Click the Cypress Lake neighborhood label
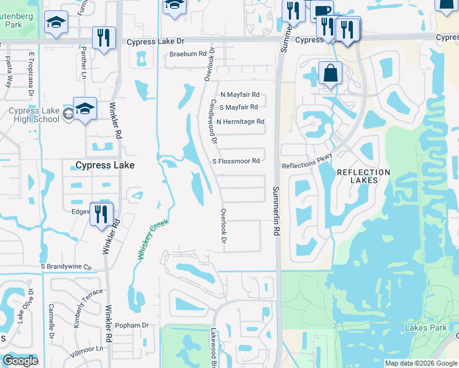(104, 165)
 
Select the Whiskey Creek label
(153, 240)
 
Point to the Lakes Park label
(426, 328)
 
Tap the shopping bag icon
(330, 73)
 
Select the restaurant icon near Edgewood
(102, 214)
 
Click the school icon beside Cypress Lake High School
(85, 109)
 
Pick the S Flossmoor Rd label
(236, 161)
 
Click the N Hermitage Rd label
(240, 121)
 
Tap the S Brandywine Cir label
(66, 267)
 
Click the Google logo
(20, 361)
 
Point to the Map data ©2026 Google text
(420, 363)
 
